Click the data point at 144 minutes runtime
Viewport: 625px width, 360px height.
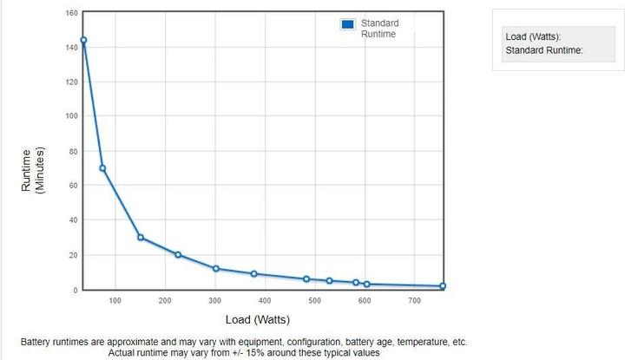(83, 40)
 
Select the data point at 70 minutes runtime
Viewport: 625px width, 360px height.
(102, 168)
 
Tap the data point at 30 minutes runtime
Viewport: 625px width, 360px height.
(141, 238)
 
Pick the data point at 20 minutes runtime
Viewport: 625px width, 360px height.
(178, 255)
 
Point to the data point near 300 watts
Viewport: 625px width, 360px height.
(216, 269)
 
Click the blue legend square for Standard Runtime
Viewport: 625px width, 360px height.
(348, 24)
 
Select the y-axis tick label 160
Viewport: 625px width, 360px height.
(71, 13)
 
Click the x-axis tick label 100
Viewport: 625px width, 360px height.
(115, 300)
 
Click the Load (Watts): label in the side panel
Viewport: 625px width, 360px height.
(533, 37)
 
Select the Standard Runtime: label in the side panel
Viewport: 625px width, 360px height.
(543, 49)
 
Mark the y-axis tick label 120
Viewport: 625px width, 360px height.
(71, 82)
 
